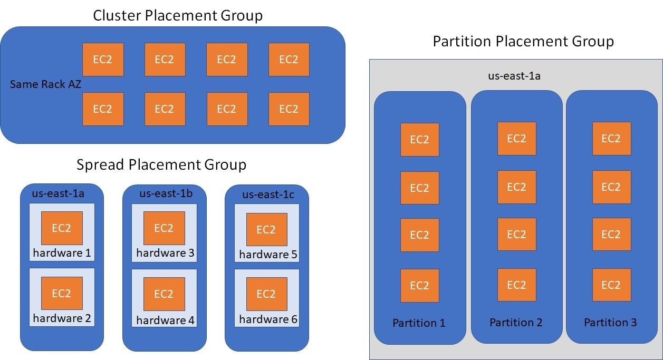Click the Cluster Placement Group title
[178, 15]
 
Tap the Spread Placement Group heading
[161, 165]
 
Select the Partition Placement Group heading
[523, 41]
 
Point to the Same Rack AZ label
[45, 84]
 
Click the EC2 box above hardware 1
[62, 228]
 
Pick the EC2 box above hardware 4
[164, 294]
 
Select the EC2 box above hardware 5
[266, 230]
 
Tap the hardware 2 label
[62, 318]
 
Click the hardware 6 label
[268, 319]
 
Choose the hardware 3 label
[165, 253]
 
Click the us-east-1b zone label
[166, 193]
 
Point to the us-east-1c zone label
[268, 194]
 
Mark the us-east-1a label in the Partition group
[514, 76]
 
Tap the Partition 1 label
[419, 323]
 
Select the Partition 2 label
[516, 323]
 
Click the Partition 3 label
[610, 323]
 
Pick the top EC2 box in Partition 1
[419, 140]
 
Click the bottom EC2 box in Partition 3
[611, 285]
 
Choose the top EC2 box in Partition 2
[516, 139]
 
